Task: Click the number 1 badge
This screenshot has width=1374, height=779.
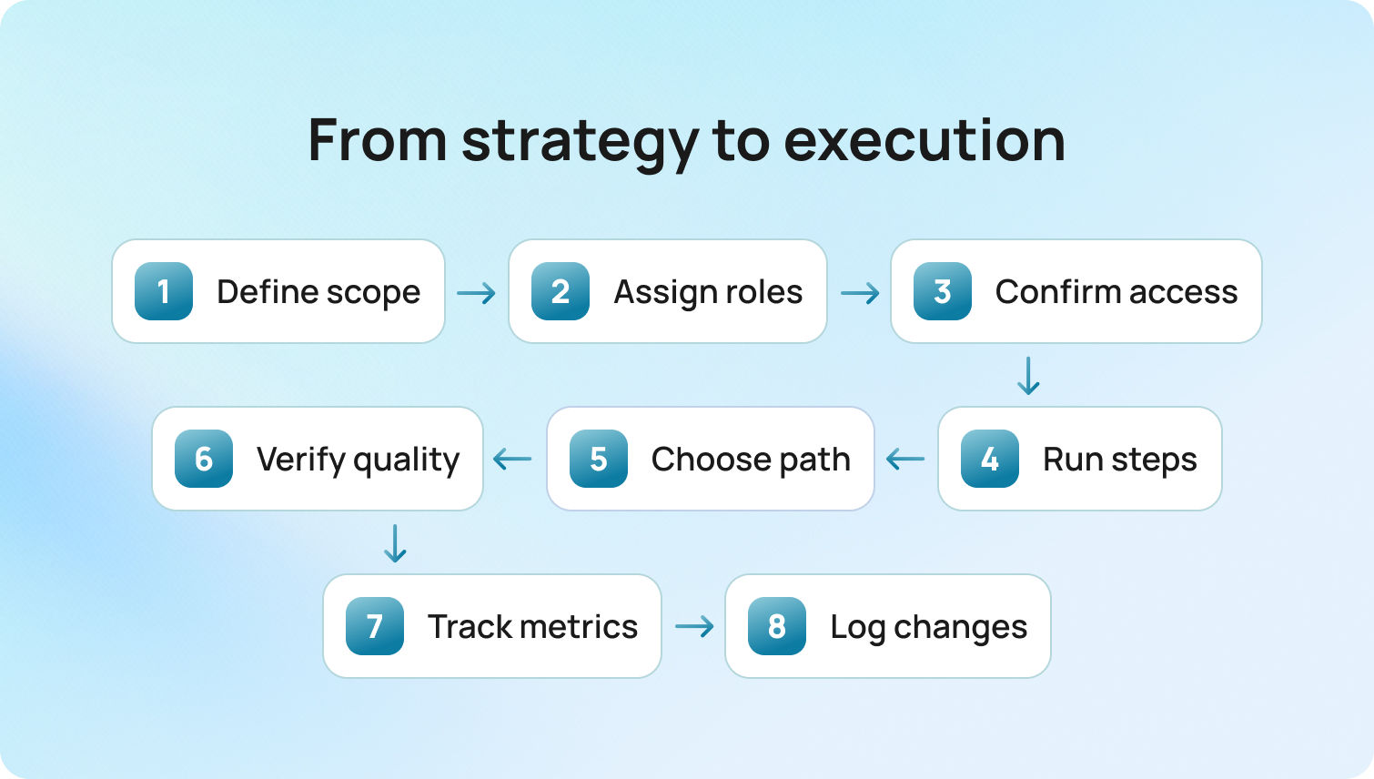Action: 164,291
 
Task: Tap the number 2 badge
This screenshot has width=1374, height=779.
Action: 561,291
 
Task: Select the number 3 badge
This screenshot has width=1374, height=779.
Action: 943,291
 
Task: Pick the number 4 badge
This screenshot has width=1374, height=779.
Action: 990,459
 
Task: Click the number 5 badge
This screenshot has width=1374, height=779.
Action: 599,459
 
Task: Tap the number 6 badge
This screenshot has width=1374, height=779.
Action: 204,459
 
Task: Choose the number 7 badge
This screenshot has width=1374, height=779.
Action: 375,626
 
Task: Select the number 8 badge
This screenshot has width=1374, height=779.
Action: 777,626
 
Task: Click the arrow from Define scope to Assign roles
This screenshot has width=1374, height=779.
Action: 477,293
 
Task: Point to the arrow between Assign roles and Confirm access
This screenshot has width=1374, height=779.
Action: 860,293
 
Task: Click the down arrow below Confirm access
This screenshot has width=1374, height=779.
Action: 1028,376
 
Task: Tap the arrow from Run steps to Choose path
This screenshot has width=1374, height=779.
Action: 905,460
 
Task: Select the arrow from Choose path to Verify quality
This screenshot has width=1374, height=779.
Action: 513,460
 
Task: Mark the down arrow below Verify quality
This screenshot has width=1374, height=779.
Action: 395,543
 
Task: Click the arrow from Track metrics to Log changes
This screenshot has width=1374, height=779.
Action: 694,627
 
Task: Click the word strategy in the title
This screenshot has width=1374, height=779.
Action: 581,142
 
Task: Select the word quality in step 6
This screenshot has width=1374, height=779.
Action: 407,460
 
